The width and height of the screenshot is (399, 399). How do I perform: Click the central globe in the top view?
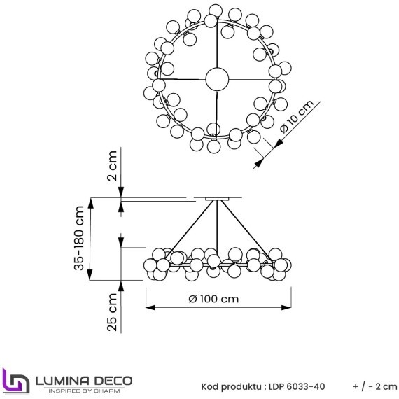pyautogui.click(x=217, y=78)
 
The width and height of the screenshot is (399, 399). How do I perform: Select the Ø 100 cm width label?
pyautogui.click(x=214, y=299)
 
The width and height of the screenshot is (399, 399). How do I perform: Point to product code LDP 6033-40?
pyautogui.click(x=300, y=386)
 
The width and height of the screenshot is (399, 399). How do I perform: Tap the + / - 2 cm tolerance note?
pyautogui.click(x=374, y=386)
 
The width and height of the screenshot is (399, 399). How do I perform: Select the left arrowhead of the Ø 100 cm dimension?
pyautogui.click(x=149, y=307)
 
